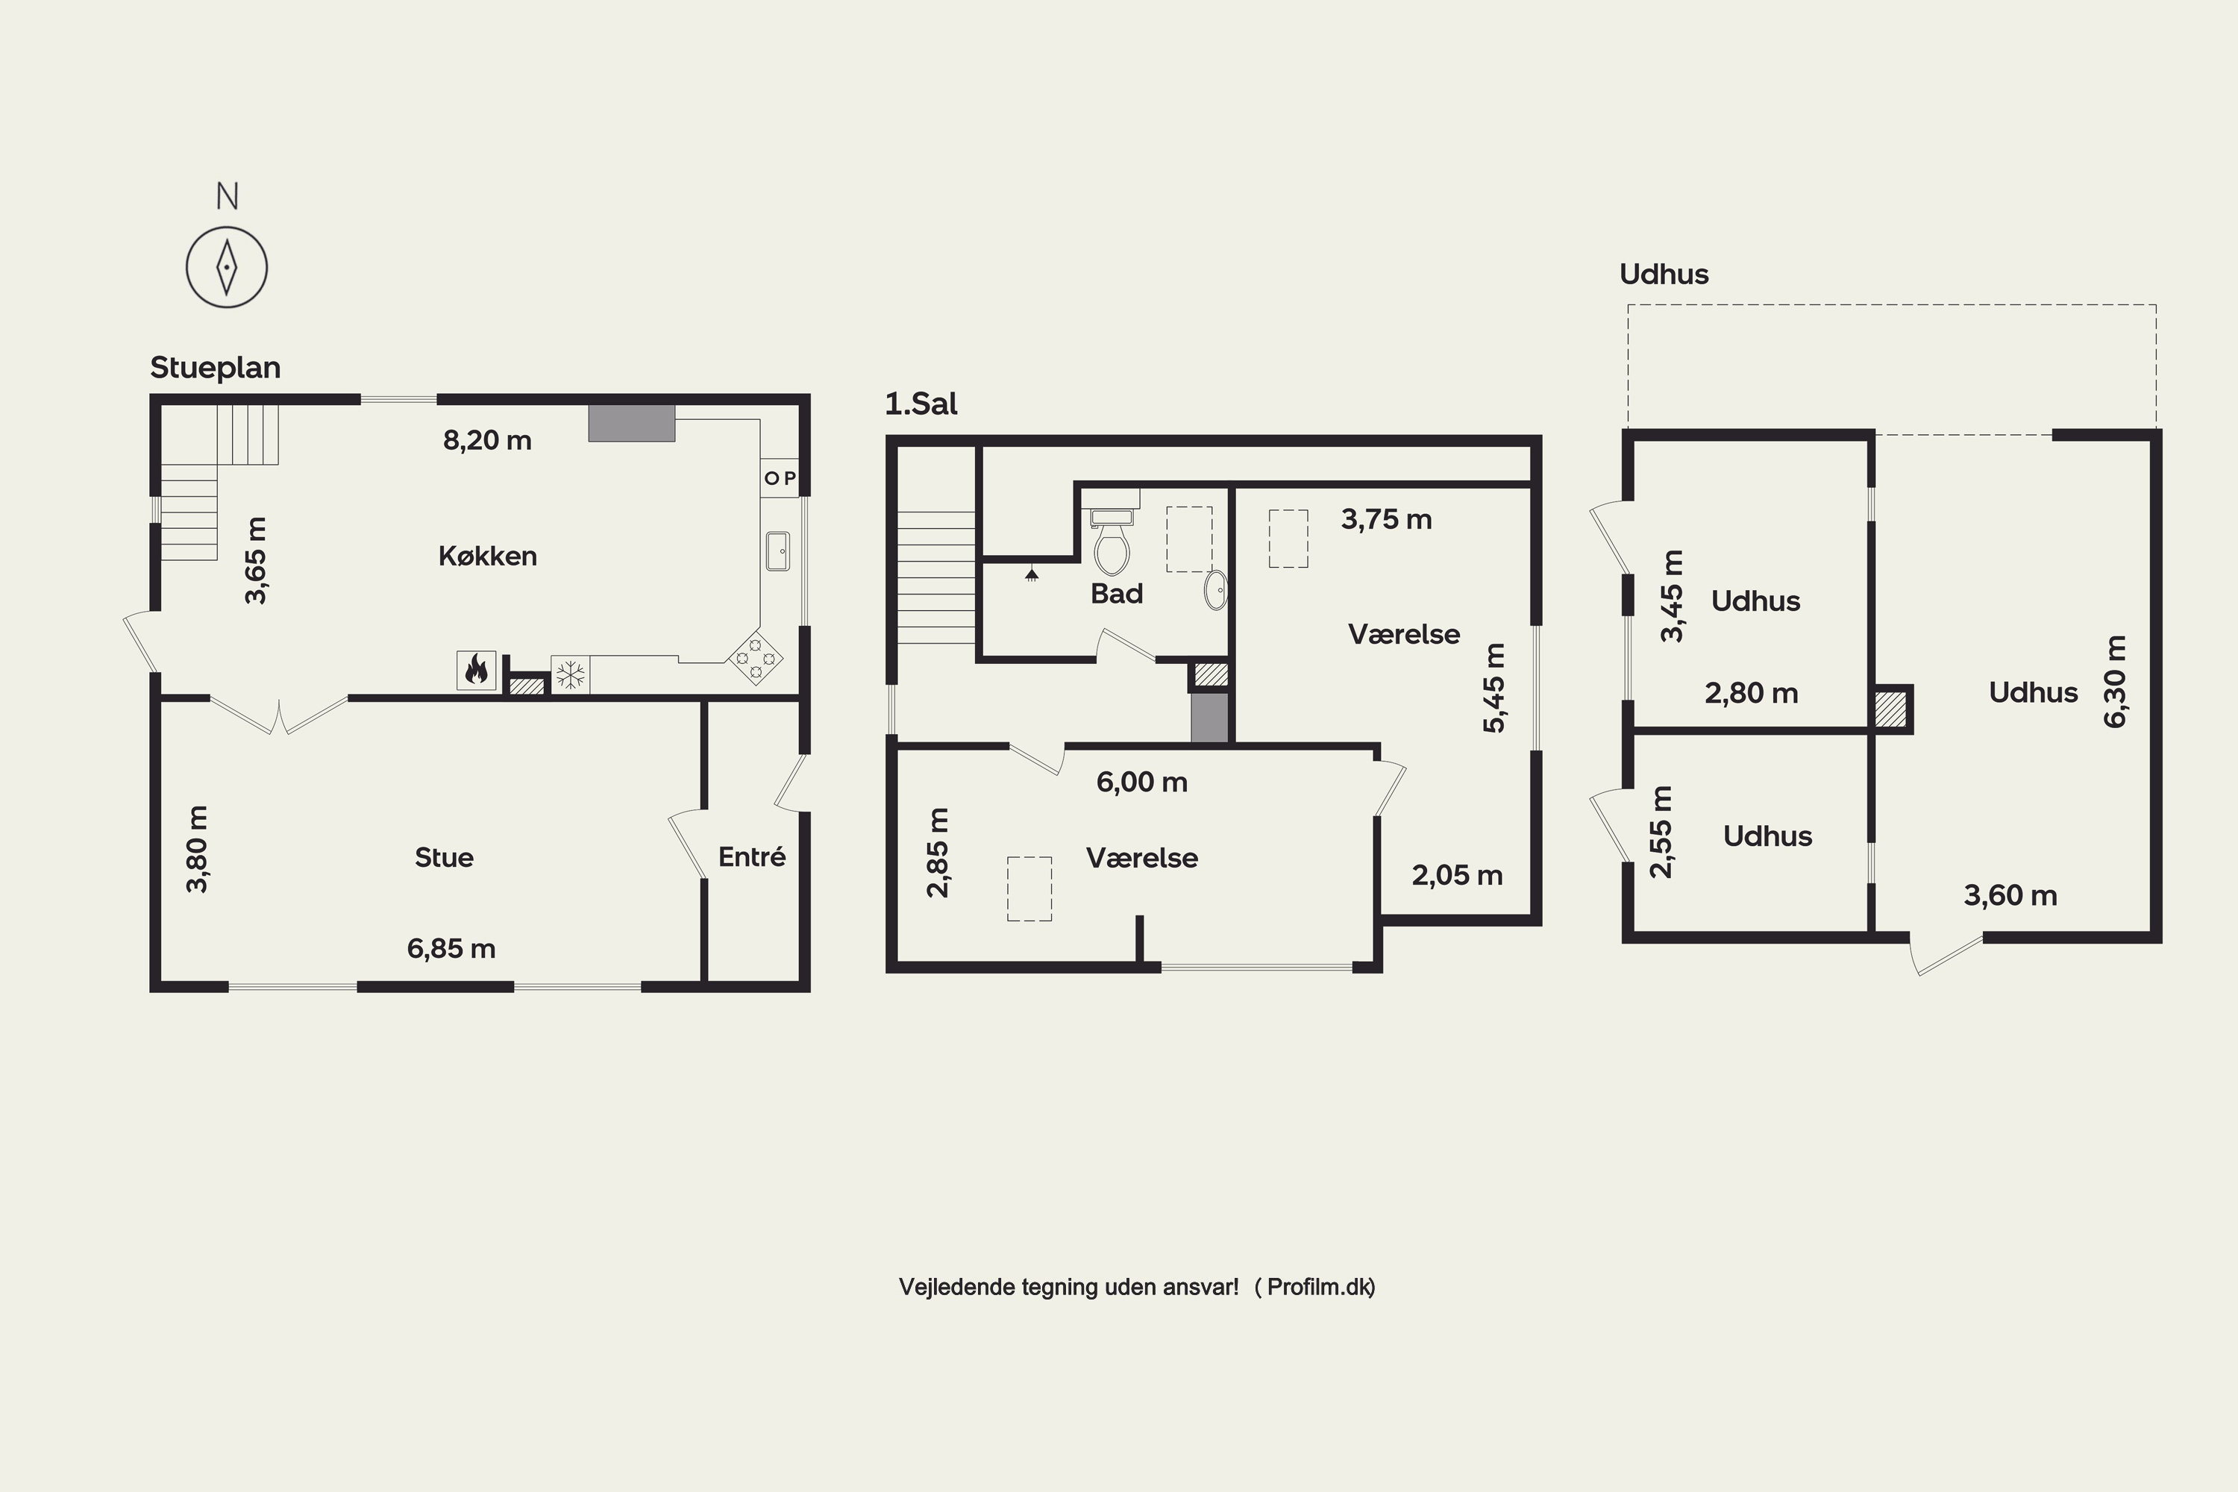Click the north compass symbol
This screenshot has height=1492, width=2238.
coord(227,266)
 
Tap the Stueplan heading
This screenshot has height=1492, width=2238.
coord(215,367)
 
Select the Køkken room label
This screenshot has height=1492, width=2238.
coord(487,556)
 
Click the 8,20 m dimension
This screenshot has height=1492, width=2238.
coord(487,439)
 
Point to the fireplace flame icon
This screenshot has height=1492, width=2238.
coord(476,670)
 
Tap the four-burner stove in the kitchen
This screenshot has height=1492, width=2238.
coord(756,656)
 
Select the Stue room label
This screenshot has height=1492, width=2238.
coord(443,857)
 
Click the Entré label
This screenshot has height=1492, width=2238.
coord(752,856)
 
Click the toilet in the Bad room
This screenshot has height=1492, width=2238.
coord(1112,542)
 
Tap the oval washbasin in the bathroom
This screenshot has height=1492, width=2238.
coord(1216,590)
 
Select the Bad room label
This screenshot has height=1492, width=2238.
coord(1116,594)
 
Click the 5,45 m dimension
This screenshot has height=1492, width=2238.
coord(1495,688)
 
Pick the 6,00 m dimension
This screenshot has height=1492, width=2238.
coord(1142,782)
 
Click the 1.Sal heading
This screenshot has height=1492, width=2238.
coord(921,404)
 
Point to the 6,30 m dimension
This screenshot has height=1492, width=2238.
coord(2114,681)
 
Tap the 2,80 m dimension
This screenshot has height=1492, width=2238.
coord(1751,693)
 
